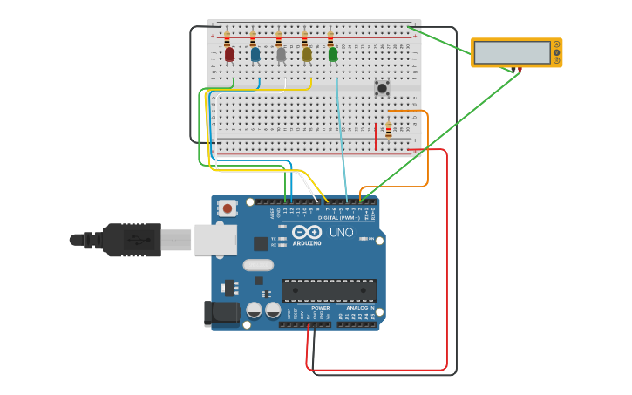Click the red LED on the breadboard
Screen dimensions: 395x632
pos(229,54)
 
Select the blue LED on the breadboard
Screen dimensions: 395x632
pos(255,54)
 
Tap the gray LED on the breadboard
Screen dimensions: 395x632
pos(281,54)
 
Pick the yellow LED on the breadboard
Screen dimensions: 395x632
pos(307,54)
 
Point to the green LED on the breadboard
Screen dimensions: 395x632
pos(333,54)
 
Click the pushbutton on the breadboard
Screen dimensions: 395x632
pos(381,87)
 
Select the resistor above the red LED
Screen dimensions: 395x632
pos(228,39)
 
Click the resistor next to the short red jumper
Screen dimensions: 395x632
pos(389,130)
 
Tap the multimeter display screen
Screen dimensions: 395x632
pos(513,52)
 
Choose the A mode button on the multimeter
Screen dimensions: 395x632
pos(556,45)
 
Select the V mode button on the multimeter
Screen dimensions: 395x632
pos(556,52)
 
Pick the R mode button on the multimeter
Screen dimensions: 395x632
pos(556,59)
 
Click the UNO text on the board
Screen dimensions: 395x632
pos(341,233)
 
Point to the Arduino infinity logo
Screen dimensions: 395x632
pos(307,232)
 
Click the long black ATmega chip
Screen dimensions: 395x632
pos(329,290)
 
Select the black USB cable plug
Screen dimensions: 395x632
pos(131,240)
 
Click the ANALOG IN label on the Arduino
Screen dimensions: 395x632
pos(359,308)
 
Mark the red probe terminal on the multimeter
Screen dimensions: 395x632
pos(520,68)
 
